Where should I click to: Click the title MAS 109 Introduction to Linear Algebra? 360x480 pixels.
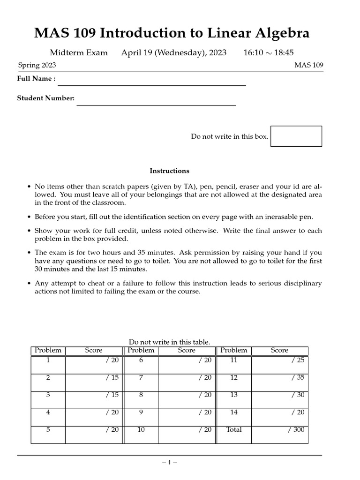(x=172, y=33)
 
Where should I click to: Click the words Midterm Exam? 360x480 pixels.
(x=78, y=52)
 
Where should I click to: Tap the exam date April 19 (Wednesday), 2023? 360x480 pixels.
(x=173, y=52)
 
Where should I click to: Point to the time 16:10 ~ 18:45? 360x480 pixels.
(x=269, y=52)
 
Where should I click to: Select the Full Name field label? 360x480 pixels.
(x=36, y=79)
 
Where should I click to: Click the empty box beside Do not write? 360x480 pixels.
(x=296, y=136)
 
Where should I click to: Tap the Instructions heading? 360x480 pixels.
(x=169, y=171)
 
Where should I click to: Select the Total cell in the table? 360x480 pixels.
(x=233, y=429)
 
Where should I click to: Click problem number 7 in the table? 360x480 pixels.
(x=141, y=377)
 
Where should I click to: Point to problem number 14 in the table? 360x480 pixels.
(x=233, y=412)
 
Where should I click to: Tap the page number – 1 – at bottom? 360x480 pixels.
(x=169, y=463)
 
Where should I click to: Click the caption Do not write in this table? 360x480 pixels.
(x=169, y=342)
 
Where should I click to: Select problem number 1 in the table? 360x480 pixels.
(x=48, y=360)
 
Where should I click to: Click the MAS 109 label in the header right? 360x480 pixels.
(x=308, y=65)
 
